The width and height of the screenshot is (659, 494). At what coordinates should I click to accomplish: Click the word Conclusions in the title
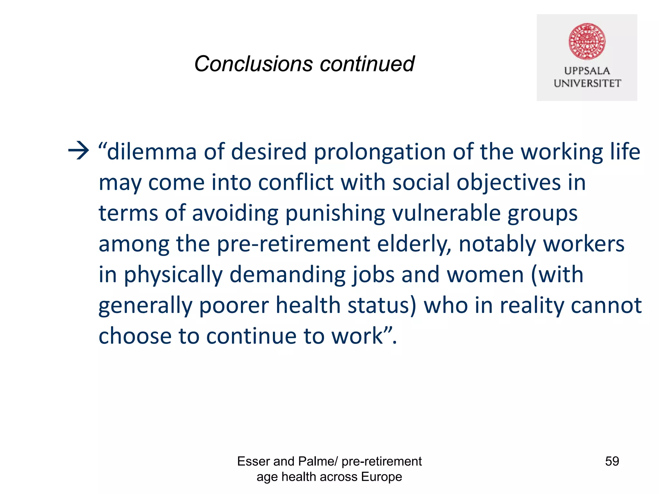[253, 64]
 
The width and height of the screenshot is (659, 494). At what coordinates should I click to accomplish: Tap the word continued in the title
[367, 64]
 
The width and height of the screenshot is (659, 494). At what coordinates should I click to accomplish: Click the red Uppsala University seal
[587, 41]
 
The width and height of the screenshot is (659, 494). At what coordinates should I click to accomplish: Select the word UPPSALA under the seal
[587, 71]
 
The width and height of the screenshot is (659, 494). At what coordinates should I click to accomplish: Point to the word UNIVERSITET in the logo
[587, 83]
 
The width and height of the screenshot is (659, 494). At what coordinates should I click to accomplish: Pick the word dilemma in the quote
[151, 151]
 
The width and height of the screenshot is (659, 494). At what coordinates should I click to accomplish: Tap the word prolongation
[379, 152]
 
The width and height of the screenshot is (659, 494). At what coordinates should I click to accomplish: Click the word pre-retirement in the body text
[293, 244]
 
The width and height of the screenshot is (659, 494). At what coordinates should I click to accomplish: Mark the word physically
[173, 275]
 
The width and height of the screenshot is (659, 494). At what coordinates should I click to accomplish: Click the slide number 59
[612, 461]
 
